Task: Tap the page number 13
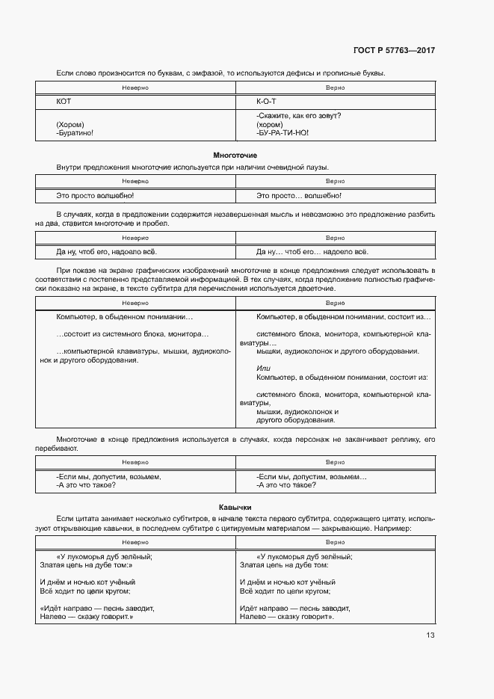[x=430, y=635]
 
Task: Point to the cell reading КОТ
[x=64, y=100]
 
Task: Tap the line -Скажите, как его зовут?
[x=298, y=116]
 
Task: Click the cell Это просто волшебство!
[x=95, y=195]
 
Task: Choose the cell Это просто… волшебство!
[x=298, y=195]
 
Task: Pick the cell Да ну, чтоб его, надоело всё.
[x=107, y=251]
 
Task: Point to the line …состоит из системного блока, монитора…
[x=133, y=334]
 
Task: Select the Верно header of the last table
[x=335, y=541]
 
